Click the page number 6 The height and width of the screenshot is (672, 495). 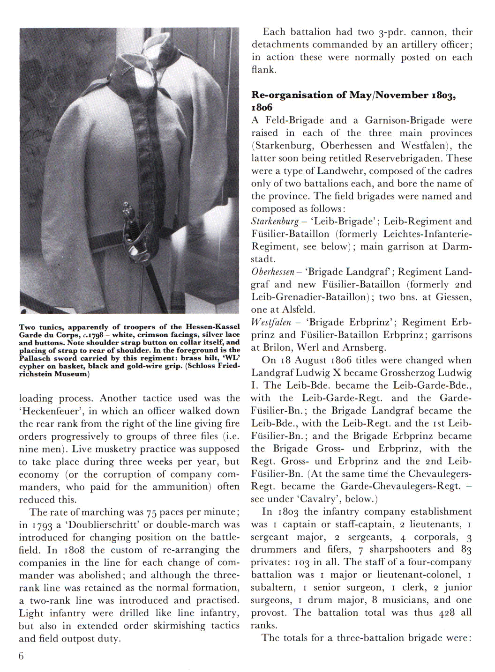(21, 656)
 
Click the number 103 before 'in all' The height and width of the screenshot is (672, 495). (302, 562)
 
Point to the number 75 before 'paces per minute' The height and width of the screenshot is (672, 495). (151, 512)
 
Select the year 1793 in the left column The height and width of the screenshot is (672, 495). (42, 525)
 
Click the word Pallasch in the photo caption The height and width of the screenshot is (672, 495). (35, 358)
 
